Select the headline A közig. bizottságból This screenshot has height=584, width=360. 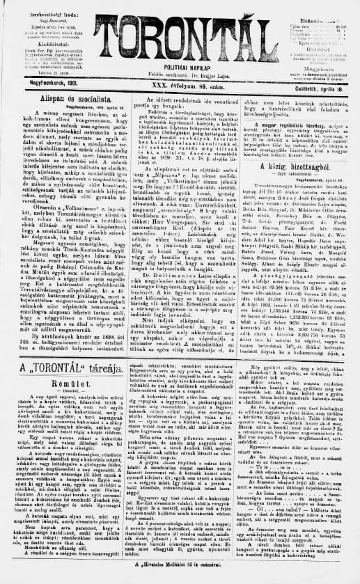298,169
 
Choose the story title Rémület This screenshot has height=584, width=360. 65,384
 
